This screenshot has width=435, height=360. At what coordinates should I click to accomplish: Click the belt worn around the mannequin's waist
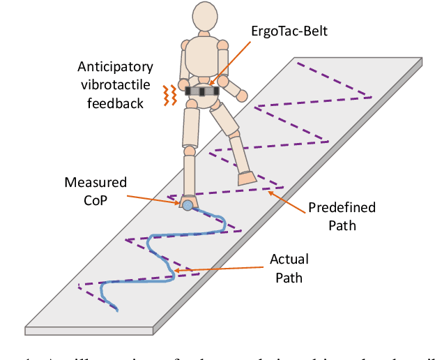point(203,90)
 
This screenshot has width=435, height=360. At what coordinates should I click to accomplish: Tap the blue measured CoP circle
point(187,204)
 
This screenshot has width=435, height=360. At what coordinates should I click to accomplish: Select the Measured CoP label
point(96,190)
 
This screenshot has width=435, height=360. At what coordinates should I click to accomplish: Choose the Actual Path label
point(289,267)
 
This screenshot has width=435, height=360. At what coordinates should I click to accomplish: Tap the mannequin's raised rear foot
point(248,179)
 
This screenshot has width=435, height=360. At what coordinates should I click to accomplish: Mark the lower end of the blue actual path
point(116,309)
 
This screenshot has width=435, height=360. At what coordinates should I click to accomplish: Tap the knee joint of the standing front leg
point(189,149)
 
